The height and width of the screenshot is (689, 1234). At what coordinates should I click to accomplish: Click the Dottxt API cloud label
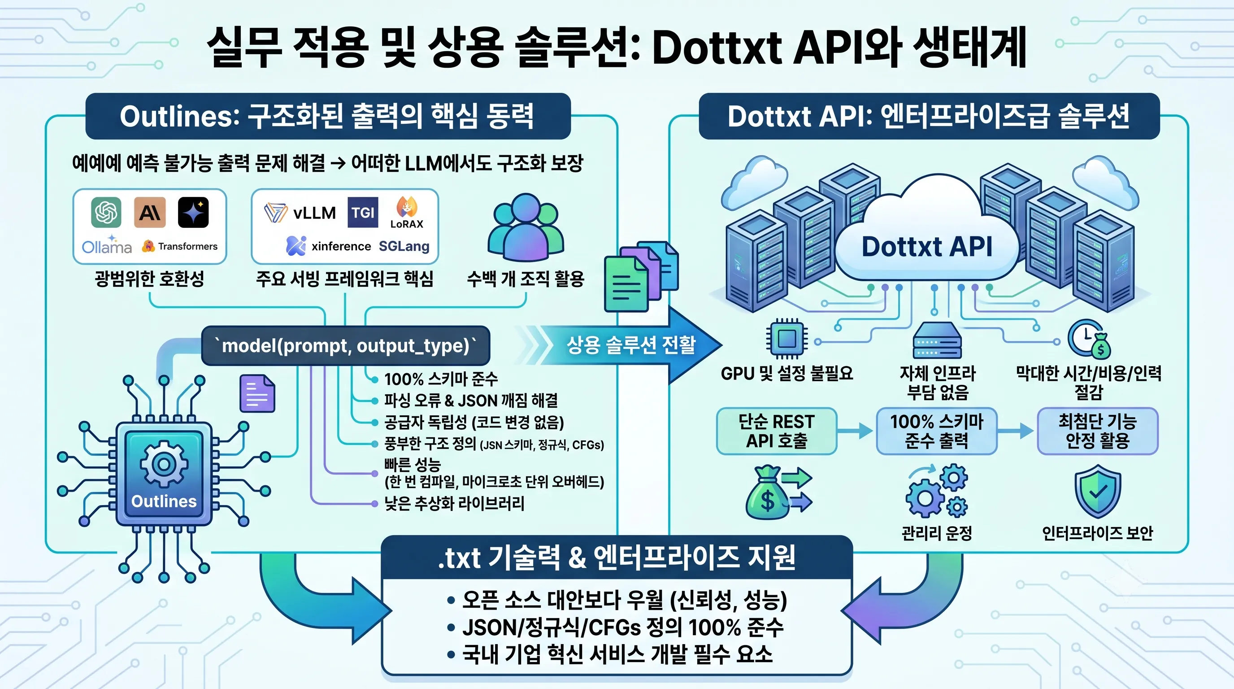pyautogui.click(x=927, y=247)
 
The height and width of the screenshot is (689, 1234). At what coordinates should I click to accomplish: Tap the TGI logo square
pyautogui.click(x=363, y=212)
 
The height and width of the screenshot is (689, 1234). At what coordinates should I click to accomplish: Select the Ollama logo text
pyautogui.click(x=107, y=247)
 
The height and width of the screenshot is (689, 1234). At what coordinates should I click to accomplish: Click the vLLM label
pyautogui.click(x=314, y=213)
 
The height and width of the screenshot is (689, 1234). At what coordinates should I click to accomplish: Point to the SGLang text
pyautogui.click(x=404, y=246)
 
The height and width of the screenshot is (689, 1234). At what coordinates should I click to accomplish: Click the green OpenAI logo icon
pyautogui.click(x=106, y=212)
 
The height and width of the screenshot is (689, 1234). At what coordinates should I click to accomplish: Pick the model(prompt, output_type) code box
pyautogui.click(x=345, y=345)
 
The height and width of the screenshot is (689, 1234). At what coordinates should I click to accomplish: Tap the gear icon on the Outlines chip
pyautogui.click(x=164, y=464)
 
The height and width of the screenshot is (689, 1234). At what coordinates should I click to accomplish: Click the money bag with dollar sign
pyautogui.click(x=767, y=493)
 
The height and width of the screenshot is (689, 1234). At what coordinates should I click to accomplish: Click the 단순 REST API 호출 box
pyautogui.click(x=777, y=431)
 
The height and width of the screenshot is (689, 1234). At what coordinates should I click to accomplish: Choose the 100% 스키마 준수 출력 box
pyautogui.click(x=937, y=431)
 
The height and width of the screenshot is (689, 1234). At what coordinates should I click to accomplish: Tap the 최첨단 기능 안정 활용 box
pyautogui.click(x=1098, y=431)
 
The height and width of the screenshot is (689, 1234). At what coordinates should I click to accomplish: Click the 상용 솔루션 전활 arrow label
pyautogui.click(x=631, y=344)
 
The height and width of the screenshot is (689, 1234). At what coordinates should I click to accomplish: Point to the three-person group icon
pyautogui.click(x=526, y=227)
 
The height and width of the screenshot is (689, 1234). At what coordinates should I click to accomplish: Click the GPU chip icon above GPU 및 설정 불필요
pyautogui.click(x=786, y=339)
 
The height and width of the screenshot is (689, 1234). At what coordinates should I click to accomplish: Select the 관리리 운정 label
pyautogui.click(x=937, y=533)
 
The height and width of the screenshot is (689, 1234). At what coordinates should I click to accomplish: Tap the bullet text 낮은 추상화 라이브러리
pyautogui.click(x=454, y=503)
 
